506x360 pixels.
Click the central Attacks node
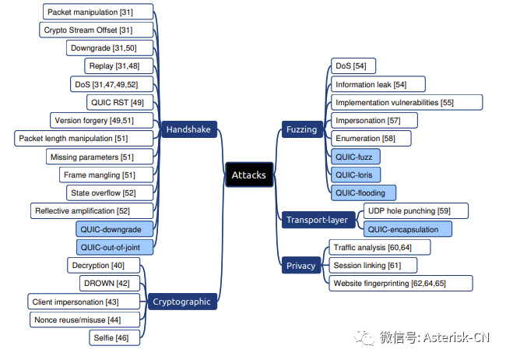[x=249, y=175]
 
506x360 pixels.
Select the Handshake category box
[x=188, y=129]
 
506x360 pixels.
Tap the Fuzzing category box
[x=301, y=129]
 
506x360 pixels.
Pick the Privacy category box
[x=301, y=266]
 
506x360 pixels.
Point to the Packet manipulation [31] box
[x=97, y=12]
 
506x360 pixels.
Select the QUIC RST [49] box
[x=120, y=102]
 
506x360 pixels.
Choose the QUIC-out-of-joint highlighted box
[x=115, y=247]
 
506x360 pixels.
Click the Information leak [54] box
[x=370, y=84]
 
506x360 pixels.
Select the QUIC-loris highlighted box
[x=355, y=174]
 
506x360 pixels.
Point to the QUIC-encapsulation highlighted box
[x=406, y=229]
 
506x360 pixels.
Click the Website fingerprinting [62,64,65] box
[x=400, y=283]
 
